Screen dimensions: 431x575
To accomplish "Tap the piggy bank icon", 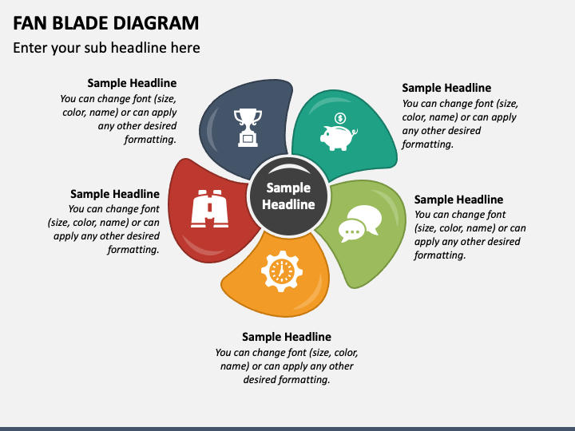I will [338, 136].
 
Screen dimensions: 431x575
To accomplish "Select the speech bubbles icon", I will [360, 223].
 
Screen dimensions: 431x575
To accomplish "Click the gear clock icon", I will [281, 271].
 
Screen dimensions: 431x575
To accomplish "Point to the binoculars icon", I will [210, 209].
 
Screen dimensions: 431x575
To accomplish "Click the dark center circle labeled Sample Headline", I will [288, 196].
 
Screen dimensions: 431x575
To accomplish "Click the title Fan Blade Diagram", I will [106, 22].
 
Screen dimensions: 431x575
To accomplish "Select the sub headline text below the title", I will [106, 48].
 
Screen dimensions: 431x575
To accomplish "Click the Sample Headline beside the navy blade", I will [132, 83].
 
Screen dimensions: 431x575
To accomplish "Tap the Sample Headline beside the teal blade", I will [446, 88].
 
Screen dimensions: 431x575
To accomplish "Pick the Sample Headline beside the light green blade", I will [458, 200].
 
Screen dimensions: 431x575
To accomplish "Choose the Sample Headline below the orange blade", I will [287, 337].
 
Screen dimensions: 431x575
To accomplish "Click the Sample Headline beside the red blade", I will [115, 194].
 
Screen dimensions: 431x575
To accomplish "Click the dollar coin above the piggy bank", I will [340, 118].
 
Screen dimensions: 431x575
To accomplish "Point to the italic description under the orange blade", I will [287, 366].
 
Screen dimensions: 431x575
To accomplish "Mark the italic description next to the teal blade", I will [459, 124].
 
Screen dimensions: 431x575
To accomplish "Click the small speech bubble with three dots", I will [351, 231].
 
